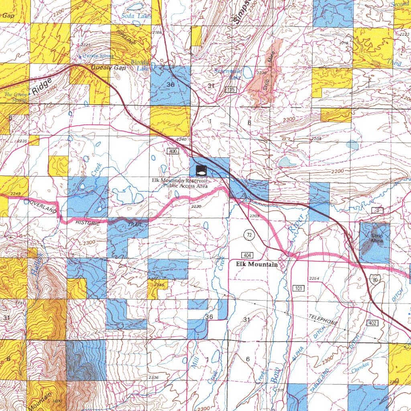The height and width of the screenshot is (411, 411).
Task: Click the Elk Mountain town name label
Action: click(256, 264)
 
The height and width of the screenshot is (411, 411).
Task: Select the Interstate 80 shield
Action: click(374, 280)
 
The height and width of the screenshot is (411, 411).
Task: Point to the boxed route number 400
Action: click(173, 151)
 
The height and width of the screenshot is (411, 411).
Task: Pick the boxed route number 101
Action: click(299, 288)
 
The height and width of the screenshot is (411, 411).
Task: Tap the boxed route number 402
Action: click(372, 323)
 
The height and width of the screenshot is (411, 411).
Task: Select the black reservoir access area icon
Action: click(201, 170)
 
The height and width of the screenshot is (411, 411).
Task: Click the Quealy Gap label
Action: click(108, 68)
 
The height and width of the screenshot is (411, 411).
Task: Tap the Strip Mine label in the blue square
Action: click(377, 238)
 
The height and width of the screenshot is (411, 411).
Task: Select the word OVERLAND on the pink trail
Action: click(41, 206)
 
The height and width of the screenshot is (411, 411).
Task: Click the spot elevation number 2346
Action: click(159, 285)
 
